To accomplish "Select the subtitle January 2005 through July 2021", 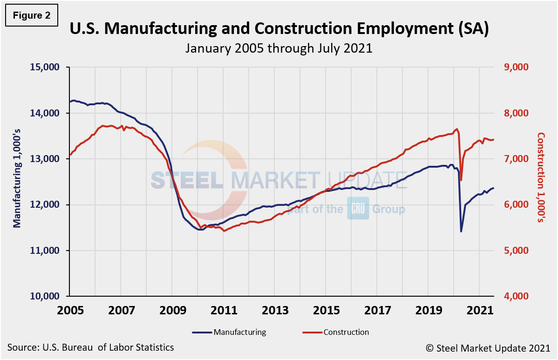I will click(x=279, y=48).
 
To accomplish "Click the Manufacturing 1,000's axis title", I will click(x=17, y=182).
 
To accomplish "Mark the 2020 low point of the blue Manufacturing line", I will click(x=461, y=231).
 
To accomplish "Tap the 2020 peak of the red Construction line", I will click(x=456, y=129).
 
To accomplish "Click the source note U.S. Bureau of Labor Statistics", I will click(x=91, y=347).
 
